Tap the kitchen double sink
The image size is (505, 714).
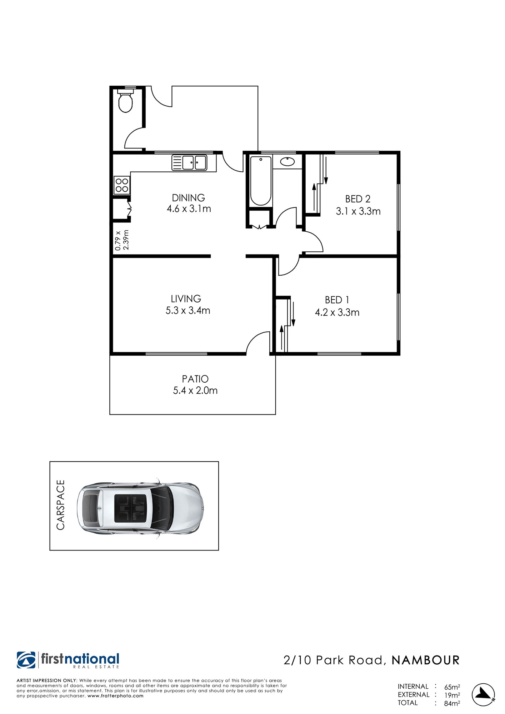(189, 162)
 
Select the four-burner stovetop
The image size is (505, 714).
(122, 185)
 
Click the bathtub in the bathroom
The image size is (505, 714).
(261, 181)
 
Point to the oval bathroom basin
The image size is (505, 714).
(287, 162)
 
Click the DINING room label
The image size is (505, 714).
(189, 198)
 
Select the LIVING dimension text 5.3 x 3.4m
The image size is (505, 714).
(188, 311)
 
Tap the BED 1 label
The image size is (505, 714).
(337, 300)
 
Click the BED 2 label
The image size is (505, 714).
(358, 199)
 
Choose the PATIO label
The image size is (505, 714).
(195, 379)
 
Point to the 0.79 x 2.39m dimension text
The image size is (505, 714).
(121, 240)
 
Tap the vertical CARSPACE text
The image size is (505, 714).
(61, 505)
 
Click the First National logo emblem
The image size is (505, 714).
(26, 660)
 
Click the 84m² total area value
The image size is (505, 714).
(452, 703)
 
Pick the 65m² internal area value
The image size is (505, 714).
(452, 687)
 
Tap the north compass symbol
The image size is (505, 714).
(484, 695)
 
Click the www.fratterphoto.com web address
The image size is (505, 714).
(115, 696)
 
